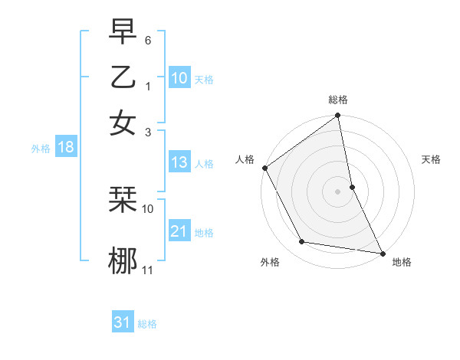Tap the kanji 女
coord(123,122)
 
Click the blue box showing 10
coord(179,78)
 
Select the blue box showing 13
coord(179,162)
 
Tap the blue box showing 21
coord(179,231)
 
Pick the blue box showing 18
coord(65,147)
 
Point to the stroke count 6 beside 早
coord(148,39)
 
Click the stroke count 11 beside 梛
coord(148,269)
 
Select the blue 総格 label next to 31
coord(147,324)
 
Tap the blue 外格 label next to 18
coord(41,149)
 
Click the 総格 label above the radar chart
coord(338,100)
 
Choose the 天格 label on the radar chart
coord(432,159)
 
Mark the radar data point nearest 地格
coord(382,252)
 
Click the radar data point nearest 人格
coord(264,168)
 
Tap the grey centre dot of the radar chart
coord(337,191)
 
